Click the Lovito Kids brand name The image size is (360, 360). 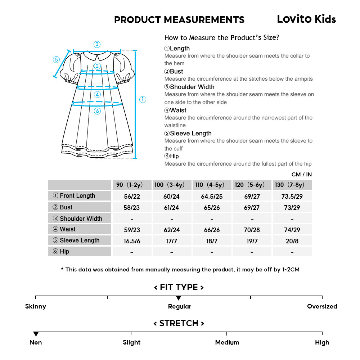(306, 19)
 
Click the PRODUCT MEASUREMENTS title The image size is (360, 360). (179, 19)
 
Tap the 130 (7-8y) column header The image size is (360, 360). (292, 185)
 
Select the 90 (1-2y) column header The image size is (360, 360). (132, 185)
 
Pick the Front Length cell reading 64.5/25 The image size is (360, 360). (212, 196)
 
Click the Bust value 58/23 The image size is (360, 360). (132, 208)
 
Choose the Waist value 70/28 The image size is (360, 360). (252, 230)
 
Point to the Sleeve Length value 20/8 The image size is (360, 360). (292, 241)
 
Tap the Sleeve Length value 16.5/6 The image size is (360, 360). (132, 241)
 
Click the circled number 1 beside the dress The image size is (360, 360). (143, 100)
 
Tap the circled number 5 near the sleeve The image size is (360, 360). (56, 59)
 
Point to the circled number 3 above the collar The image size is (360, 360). (97, 44)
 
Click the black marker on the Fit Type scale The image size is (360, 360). (179, 298)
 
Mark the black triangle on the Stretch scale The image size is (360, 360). (36, 334)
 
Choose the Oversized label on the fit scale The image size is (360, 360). (322, 307)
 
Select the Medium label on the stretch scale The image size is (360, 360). (227, 342)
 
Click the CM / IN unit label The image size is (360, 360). (301, 175)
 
